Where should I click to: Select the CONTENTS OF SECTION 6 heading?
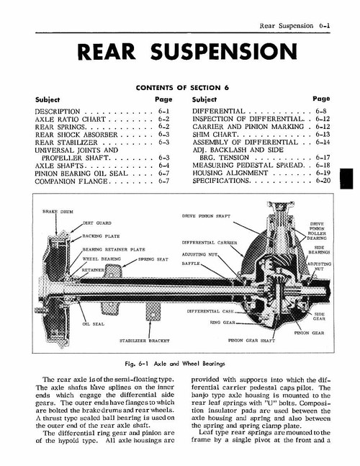180,87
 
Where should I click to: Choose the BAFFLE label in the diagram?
191,264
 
